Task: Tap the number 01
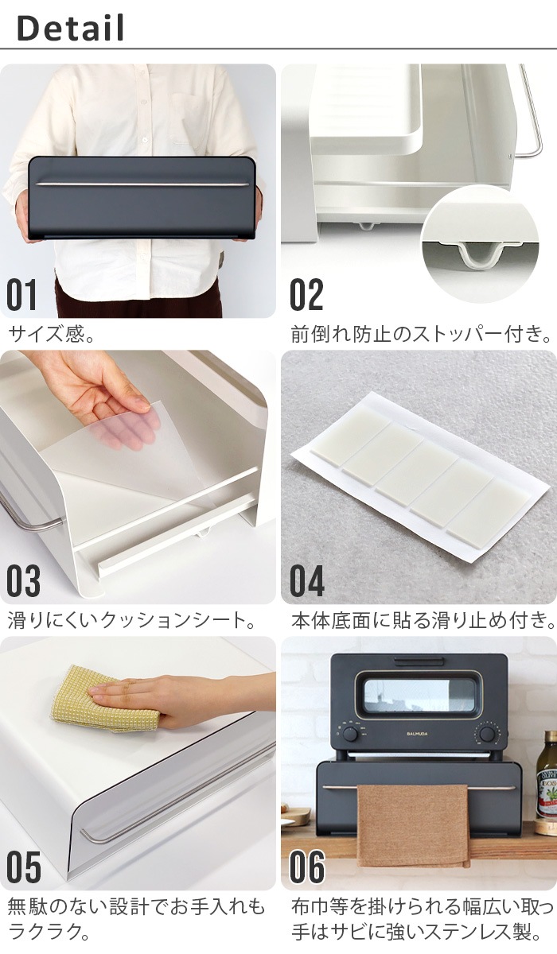22,294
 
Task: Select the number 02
306,294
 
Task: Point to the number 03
23,581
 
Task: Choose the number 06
307,867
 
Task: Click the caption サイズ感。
53,333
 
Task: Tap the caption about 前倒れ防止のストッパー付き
421,333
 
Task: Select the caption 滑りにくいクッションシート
131,619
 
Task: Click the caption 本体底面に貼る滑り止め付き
421,619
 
